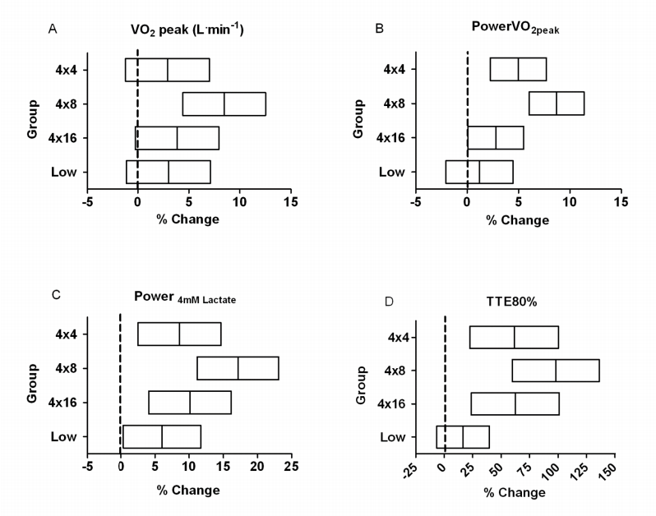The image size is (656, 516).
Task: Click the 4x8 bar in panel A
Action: click(224, 104)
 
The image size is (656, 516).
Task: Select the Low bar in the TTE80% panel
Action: click(463, 437)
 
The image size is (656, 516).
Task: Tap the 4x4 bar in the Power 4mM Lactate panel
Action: click(179, 334)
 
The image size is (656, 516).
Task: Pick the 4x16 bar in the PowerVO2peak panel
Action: click(495, 138)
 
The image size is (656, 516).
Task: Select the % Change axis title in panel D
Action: click(515, 492)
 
